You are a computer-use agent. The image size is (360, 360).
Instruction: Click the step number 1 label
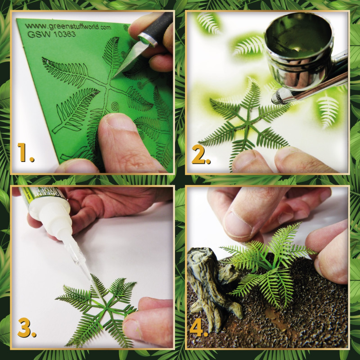(26, 153)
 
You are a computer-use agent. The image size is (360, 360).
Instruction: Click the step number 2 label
(201, 155)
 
